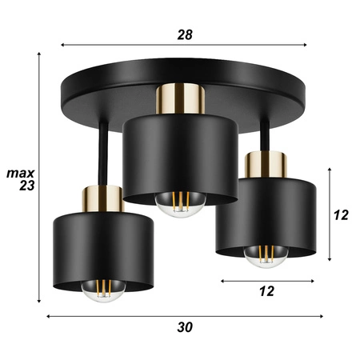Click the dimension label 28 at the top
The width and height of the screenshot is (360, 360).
pos(185,34)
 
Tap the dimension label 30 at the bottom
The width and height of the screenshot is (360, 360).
pos(185,327)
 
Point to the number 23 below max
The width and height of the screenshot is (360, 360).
pos(24,186)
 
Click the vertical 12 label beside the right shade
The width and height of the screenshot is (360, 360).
pos(341,215)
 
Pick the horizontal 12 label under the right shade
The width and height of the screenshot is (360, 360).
pos(266,292)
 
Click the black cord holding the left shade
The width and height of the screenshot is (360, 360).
pos(103,152)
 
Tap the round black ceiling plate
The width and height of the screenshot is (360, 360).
pos(96,88)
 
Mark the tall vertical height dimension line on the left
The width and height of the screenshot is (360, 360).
pos(39,176)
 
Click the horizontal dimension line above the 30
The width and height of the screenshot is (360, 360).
pos(184,316)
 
